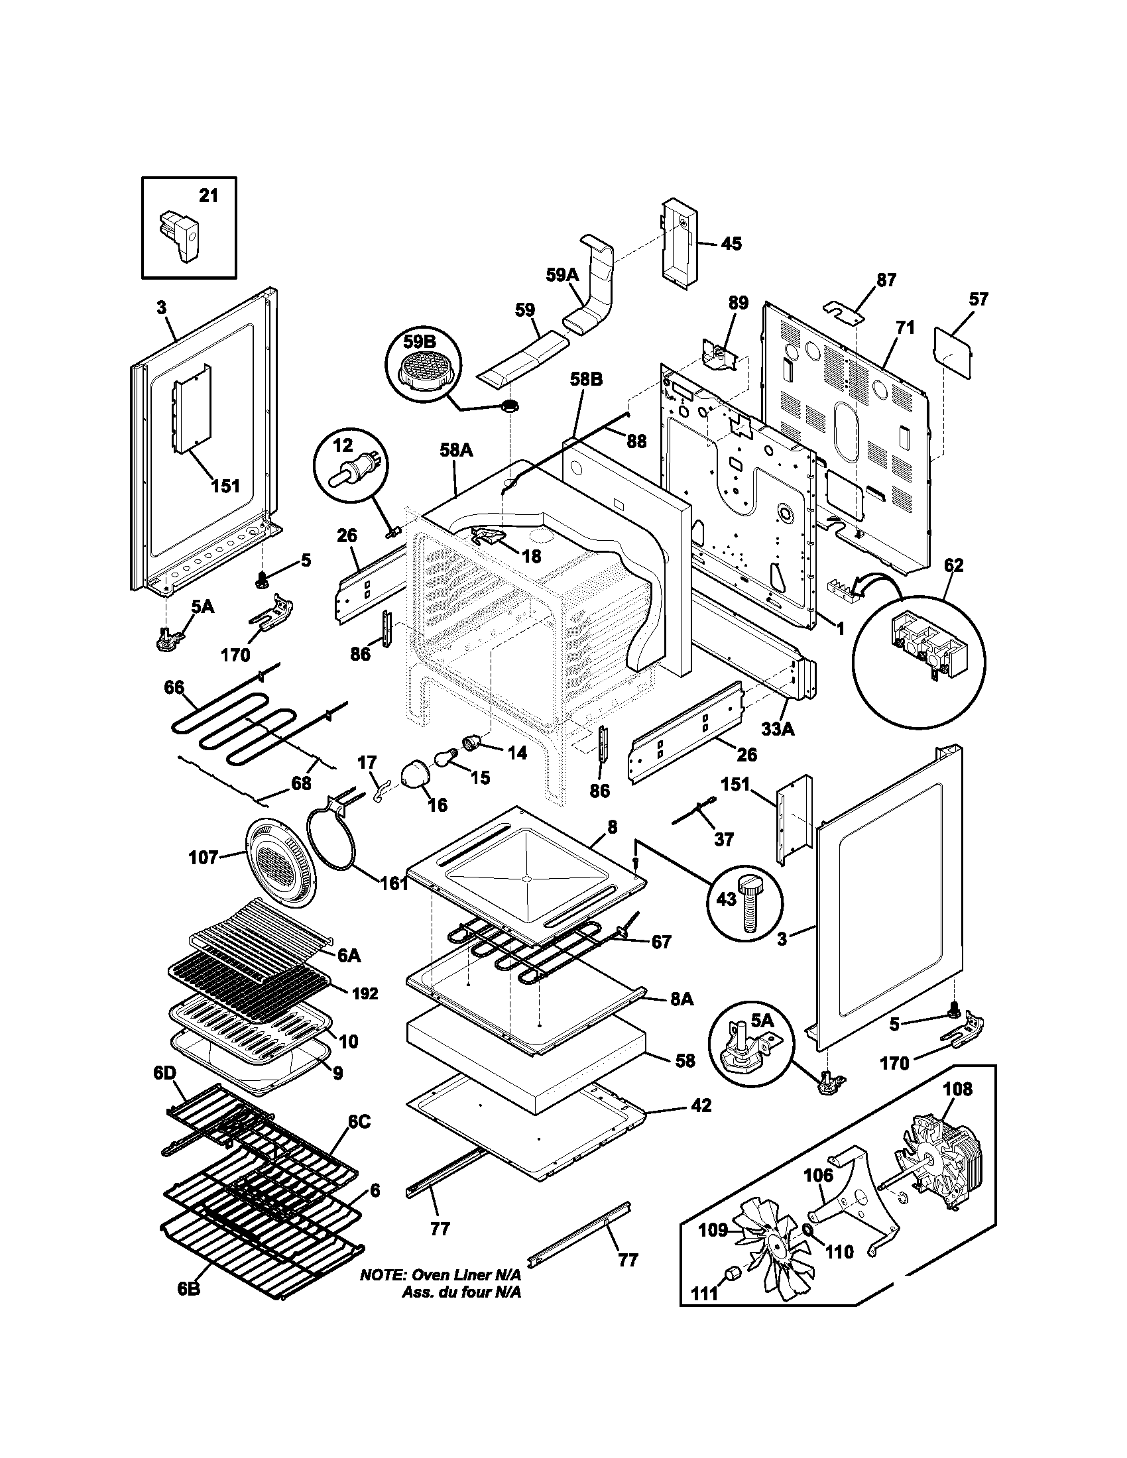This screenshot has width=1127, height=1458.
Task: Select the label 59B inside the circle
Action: [x=418, y=342]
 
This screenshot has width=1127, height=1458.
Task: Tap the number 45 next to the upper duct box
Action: [x=731, y=244]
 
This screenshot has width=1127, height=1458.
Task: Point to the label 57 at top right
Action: [x=978, y=299]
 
